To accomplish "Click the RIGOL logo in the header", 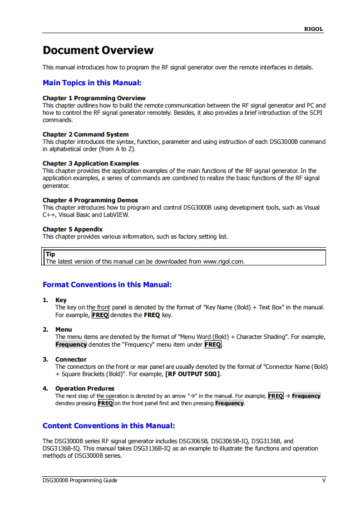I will [313, 29].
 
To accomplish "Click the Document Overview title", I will [98, 50].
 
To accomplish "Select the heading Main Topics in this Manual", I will [92, 83].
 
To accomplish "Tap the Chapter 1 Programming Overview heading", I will [94, 98].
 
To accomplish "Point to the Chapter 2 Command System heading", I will [85, 134].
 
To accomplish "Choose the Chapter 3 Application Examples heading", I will [91, 163].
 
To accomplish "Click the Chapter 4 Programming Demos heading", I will [90, 200].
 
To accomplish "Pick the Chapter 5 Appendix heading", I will [73, 229].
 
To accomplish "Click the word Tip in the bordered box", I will [50, 254].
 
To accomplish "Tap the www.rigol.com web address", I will [223, 261].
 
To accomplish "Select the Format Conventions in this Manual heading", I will [107, 285].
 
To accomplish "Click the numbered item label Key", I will [61, 300].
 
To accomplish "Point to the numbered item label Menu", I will [64, 329].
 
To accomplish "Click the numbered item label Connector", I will [71, 359].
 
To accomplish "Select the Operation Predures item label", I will [85, 388].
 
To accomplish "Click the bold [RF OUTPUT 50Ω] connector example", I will [193, 374].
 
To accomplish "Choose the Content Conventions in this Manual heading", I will [108, 426].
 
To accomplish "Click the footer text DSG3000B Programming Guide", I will [80, 480].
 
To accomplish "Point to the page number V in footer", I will [324, 480].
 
